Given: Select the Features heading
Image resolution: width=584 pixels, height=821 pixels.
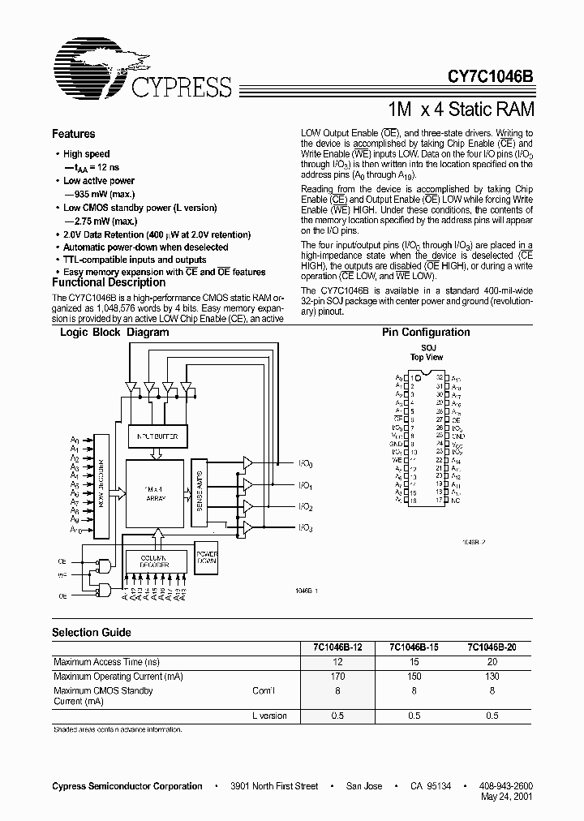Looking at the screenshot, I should tap(73, 134).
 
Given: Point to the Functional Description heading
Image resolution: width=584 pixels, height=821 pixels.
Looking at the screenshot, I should tap(108, 282).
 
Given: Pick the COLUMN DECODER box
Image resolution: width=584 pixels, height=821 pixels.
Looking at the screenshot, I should tap(153, 561).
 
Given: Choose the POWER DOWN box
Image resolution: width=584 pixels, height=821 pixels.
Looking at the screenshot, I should tap(207, 555).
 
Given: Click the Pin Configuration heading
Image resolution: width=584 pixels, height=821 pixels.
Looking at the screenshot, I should tap(426, 332).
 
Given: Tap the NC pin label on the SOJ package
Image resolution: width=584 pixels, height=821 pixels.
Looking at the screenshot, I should tap(457, 501).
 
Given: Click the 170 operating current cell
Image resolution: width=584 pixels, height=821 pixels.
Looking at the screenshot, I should tap(338, 676).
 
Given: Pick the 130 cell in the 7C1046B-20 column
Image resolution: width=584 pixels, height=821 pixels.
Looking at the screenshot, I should tap(492, 676).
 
